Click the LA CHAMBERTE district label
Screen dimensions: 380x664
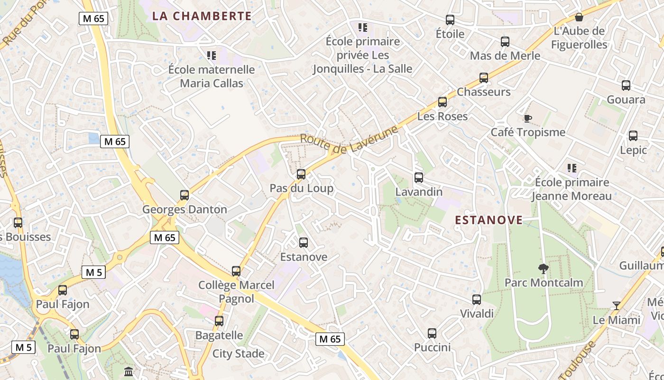(202, 16)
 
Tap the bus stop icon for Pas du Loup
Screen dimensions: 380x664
(301, 174)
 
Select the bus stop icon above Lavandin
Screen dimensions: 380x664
(419, 178)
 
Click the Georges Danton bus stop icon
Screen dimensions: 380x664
(184, 195)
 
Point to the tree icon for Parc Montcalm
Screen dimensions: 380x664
(544, 269)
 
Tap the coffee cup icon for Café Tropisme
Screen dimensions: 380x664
(527, 118)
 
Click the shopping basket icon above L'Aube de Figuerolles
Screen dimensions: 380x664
(579, 18)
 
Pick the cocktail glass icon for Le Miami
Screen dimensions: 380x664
(616, 306)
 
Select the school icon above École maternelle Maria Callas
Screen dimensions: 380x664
(212, 56)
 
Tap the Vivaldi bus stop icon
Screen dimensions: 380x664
(477, 300)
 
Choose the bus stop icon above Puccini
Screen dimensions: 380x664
(432, 333)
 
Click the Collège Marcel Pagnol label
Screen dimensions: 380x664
(236, 292)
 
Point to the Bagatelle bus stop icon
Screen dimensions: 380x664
(219, 321)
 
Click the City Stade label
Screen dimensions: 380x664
(238, 353)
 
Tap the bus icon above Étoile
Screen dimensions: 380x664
(450, 20)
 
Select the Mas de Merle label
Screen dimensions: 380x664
(505, 56)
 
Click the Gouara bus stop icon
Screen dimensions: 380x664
(626, 85)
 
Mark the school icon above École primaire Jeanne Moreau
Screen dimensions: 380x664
(572, 168)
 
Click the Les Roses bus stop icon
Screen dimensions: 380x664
(443, 102)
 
